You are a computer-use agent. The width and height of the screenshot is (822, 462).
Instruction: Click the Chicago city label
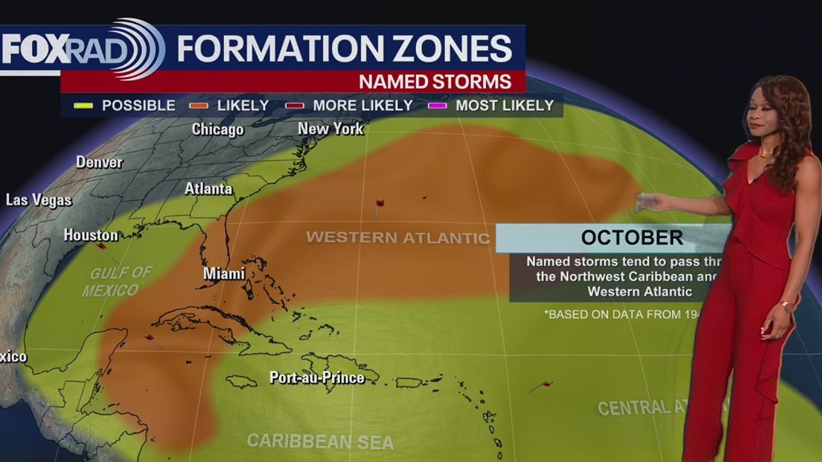(x=218, y=130)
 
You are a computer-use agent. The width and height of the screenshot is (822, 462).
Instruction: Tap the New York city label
(x=331, y=129)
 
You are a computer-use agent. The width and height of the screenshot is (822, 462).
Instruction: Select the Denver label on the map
(x=100, y=162)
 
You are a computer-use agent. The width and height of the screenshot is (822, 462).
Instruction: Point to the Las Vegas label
(x=39, y=200)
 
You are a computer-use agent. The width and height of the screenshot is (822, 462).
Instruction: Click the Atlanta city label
(x=208, y=189)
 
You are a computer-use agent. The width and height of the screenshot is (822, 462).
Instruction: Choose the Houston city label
(x=91, y=235)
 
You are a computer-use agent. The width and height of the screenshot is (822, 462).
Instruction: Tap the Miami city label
(x=224, y=273)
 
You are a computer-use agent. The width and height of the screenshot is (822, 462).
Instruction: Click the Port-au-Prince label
(x=317, y=377)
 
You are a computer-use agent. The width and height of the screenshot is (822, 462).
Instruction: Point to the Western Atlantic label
(x=398, y=237)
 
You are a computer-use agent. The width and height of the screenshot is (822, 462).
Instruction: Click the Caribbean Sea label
(x=320, y=441)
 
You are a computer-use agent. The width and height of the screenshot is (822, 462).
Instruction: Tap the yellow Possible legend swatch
(x=83, y=106)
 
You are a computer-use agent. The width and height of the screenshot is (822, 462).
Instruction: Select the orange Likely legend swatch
(x=198, y=106)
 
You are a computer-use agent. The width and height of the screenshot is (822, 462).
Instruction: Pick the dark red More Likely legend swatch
(x=294, y=106)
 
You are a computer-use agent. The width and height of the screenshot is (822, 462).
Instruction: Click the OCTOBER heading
(x=631, y=237)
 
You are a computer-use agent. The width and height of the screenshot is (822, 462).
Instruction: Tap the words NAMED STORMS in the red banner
(x=435, y=81)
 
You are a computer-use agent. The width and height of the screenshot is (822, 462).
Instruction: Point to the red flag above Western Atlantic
(x=380, y=203)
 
